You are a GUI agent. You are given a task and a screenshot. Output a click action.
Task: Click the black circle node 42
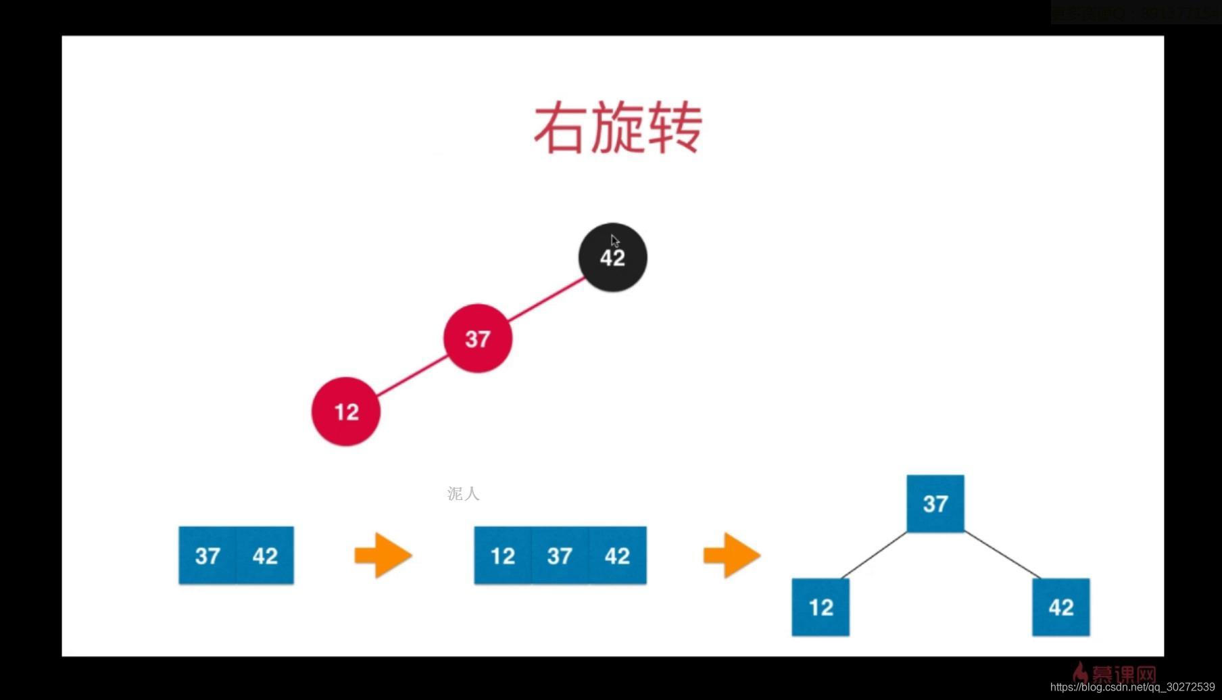tap(612, 257)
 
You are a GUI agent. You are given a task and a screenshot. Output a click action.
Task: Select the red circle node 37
tap(477, 338)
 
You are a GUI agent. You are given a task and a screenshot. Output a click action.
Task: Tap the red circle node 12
tap(345, 411)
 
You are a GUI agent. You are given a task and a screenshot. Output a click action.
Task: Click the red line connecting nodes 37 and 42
tap(546, 299)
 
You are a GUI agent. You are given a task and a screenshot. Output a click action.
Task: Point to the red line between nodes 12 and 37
tap(412, 376)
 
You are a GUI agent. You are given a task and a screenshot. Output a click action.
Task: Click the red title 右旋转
tap(618, 128)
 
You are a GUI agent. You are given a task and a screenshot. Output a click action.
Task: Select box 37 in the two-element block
tap(207, 555)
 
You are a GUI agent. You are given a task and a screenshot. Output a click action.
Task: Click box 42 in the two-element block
tap(265, 555)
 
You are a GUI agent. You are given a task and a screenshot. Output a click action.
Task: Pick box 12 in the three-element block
tap(503, 555)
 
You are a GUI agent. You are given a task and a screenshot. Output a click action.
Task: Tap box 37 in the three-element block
tap(560, 555)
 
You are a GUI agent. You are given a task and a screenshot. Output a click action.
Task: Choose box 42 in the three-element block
tap(617, 555)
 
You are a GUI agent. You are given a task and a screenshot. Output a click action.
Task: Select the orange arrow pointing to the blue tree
tap(732, 555)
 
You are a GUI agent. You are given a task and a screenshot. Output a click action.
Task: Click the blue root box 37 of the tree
tap(935, 503)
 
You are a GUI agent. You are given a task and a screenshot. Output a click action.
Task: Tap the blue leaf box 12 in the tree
tap(821, 607)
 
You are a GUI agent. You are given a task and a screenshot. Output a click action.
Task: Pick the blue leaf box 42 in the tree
tap(1060, 607)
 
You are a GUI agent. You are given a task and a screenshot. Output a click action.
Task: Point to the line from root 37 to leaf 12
tap(874, 555)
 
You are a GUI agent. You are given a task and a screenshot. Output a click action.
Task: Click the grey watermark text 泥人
tap(463, 494)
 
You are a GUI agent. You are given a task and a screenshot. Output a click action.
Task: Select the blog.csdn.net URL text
tap(1132, 686)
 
